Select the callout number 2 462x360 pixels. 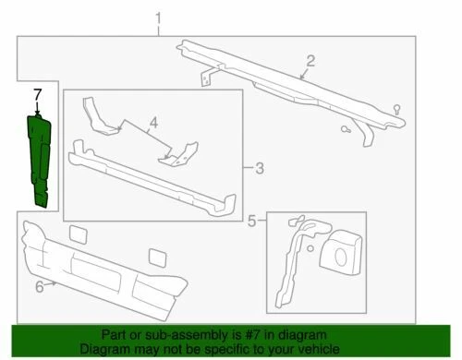(310, 62)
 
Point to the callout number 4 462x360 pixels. (154, 120)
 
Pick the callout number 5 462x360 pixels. (251, 220)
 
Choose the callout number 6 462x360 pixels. (39, 287)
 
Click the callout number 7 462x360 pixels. (37, 94)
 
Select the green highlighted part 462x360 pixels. (43, 157)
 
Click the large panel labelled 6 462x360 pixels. (102, 268)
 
